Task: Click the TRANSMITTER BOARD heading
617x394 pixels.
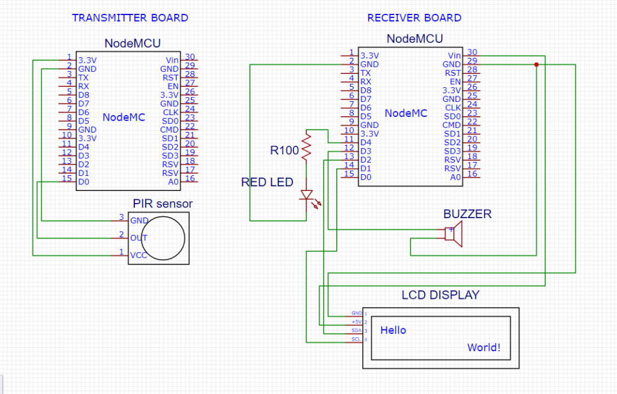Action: tap(130, 17)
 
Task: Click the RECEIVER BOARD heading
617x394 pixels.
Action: tap(414, 17)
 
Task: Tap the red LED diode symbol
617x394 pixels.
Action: tap(307, 195)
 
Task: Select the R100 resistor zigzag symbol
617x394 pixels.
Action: tap(307, 147)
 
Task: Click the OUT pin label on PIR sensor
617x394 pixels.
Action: tap(139, 237)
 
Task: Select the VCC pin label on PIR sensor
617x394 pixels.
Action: tap(138, 255)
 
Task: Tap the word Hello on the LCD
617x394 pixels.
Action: tap(393, 330)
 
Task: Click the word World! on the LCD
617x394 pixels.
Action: tap(484, 348)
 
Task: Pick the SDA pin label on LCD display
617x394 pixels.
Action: tap(356, 331)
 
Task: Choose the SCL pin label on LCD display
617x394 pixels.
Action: tap(356, 340)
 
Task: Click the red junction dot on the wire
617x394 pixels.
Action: tap(536, 64)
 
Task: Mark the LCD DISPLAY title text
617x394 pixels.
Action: tap(440, 295)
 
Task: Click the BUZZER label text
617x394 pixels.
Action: tap(467, 214)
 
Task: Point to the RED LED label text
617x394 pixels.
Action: tap(267, 182)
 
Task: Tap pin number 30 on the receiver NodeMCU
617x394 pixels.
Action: tap(472, 52)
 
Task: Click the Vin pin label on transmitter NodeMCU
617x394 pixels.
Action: tap(172, 60)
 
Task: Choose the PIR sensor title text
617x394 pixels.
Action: tap(162, 204)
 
